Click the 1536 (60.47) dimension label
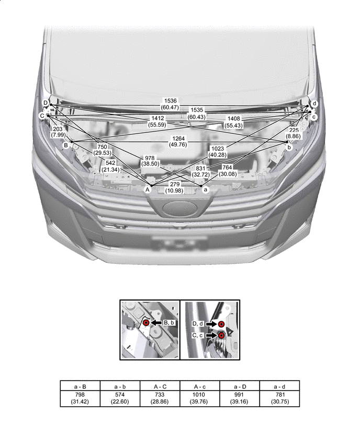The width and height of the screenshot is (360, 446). [170, 104]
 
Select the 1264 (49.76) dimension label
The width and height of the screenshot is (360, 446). [178, 141]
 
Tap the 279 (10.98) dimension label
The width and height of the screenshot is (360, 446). [174, 187]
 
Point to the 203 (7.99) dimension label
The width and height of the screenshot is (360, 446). [58, 132]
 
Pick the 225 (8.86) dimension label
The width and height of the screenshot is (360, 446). [294, 133]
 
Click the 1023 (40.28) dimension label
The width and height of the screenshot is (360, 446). [218, 152]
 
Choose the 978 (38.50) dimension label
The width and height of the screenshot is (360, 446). [150, 161]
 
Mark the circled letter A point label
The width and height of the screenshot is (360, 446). [148, 189]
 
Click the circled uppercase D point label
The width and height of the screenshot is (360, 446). [45, 103]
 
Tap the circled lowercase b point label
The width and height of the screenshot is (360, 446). [289, 147]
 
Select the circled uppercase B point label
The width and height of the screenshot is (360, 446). [66, 146]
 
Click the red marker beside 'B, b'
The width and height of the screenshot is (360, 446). [146, 322]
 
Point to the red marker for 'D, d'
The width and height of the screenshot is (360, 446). [221, 324]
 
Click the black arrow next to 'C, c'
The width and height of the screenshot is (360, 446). [211, 336]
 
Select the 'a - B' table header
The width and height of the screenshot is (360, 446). [80, 386]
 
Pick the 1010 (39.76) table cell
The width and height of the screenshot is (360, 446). [199, 398]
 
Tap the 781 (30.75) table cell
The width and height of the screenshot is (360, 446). [279, 398]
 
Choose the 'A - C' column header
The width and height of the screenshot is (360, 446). [160, 386]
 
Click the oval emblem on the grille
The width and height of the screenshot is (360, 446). [180, 208]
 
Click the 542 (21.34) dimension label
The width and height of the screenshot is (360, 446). [110, 166]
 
